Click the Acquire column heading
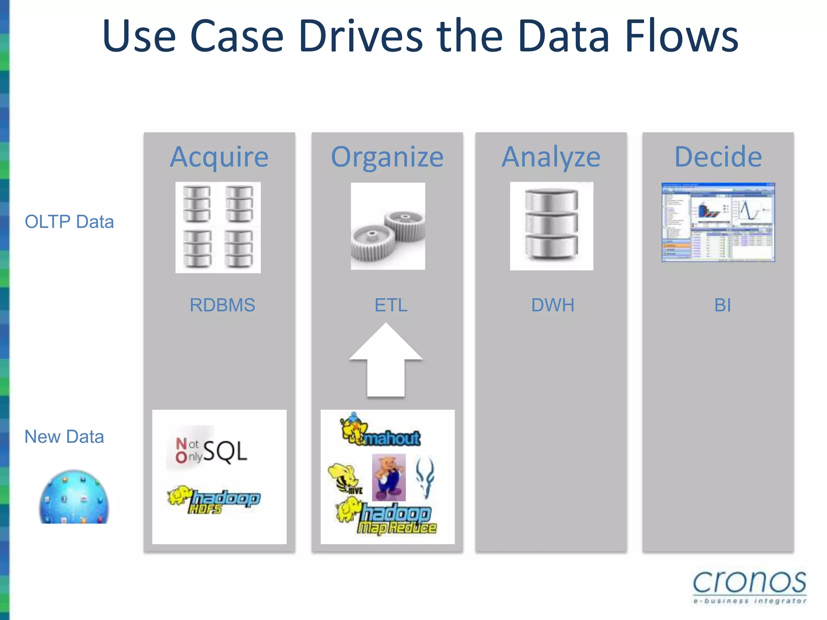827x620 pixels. pos(219,157)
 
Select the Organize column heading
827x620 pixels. pos(387,157)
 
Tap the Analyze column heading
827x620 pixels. pos(551,157)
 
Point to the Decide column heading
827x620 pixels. pos(718,157)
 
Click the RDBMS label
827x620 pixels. pos(222,305)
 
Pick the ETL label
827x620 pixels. pos(390,305)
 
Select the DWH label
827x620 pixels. pos(552,305)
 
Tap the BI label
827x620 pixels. pos(722,305)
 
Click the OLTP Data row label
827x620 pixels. pos(69,222)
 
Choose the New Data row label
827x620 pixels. pos(64,437)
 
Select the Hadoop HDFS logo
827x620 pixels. pos(214,500)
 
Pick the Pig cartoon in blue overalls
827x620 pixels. pos(388,478)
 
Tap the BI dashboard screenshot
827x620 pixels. pos(718,222)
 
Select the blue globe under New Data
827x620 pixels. pos(74,497)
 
